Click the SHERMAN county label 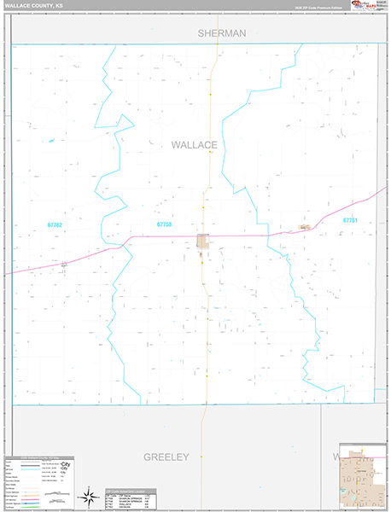pyautogui.click(x=221, y=33)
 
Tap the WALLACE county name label pyautogui.click(x=195, y=145)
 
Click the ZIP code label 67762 pyautogui.click(x=55, y=224)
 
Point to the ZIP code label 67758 pyautogui.click(x=164, y=224)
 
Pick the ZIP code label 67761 pyautogui.click(x=350, y=221)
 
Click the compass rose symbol pyautogui.click(x=89, y=496)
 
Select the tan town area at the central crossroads pyautogui.click(x=203, y=242)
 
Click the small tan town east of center pyautogui.click(x=304, y=227)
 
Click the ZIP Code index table pyautogui.click(x=132, y=498)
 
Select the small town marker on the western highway pyautogui.click(x=64, y=264)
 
